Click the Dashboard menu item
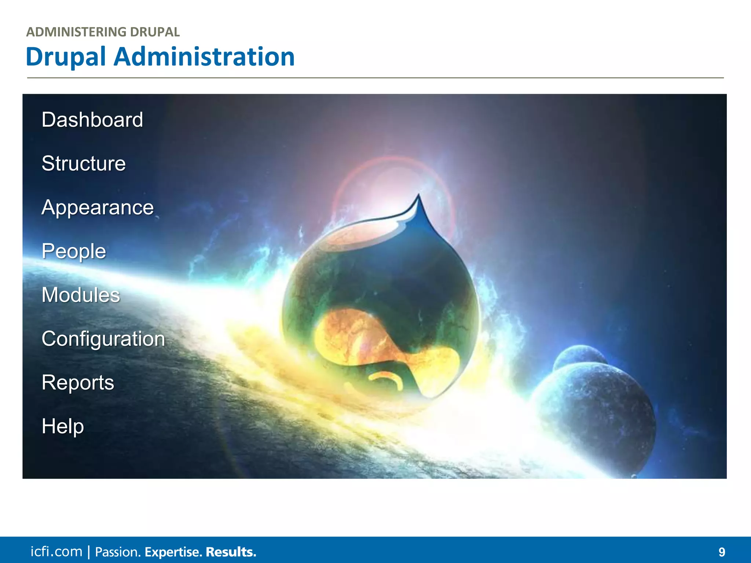(x=92, y=120)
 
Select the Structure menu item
(x=84, y=163)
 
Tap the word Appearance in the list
(x=98, y=207)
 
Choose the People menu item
(x=74, y=251)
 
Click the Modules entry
(x=81, y=295)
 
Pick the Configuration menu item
(x=103, y=339)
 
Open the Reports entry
(x=78, y=383)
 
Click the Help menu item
(x=63, y=426)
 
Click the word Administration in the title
(x=204, y=57)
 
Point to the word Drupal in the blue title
(x=66, y=57)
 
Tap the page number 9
(x=722, y=552)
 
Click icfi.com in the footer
(x=56, y=552)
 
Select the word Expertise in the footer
(x=173, y=552)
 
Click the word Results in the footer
(x=231, y=552)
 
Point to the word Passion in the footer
(x=118, y=552)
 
